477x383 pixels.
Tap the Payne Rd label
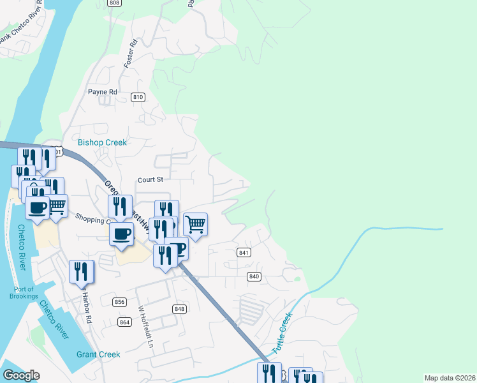click(x=103, y=92)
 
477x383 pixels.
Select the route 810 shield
click(x=138, y=97)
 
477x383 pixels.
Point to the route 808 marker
click(x=114, y=3)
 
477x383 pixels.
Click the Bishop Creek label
click(x=102, y=142)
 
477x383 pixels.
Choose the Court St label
click(x=151, y=180)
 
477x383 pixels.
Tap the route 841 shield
click(x=244, y=253)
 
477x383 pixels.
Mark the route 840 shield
click(x=254, y=276)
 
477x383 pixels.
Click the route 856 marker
click(x=119, y=302)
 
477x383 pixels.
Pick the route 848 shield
click(x=179, y=309)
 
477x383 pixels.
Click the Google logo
click(x=21, y=375)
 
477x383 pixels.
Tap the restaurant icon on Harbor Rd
click(x=82, y=271)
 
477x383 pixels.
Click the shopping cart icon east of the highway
click(x=195, y=224)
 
